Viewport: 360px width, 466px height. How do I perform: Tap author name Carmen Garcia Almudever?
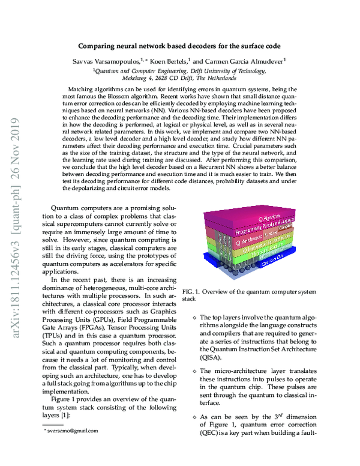point(245,59)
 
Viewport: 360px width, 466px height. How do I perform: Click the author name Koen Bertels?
point(179,59)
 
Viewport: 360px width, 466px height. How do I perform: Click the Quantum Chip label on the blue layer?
point(271,259)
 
